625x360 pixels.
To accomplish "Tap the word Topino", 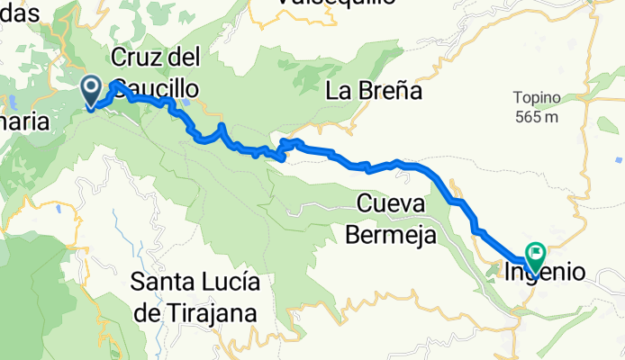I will (538, 97).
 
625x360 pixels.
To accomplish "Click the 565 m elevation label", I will (538, 117).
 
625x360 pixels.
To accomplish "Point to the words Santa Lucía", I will (196, 283).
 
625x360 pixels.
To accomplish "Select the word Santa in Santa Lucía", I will (163, 283).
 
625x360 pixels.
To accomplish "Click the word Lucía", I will (231, 283).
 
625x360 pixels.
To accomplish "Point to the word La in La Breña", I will (337, 91).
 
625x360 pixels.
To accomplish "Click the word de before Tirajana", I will (149, 312).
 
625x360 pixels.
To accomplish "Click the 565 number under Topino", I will (530, 117).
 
